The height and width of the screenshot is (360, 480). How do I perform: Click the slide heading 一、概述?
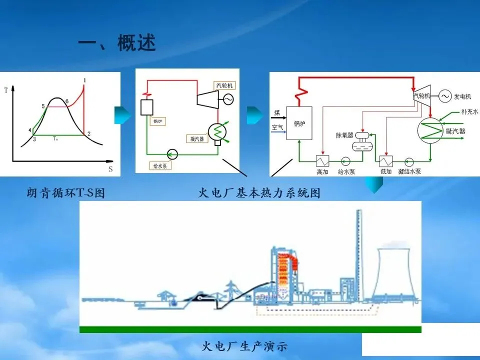[x=117, y=44]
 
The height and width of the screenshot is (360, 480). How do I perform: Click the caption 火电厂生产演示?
[x=245, y=346]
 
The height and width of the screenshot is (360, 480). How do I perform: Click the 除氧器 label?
[x=345, y=135]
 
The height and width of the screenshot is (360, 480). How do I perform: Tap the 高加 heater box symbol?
[x=321, y=161]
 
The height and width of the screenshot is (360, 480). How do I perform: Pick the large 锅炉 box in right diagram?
[x=299, y=122]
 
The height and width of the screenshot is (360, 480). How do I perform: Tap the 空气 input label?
[x=277, y=127]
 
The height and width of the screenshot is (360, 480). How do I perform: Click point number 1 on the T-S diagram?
[x=85, y=80]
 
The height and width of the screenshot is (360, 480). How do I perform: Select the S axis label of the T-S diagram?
[x=110, y=169]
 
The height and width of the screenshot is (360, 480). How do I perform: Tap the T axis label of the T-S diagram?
[x=5, y=90]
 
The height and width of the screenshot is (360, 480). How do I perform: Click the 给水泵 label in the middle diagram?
[x=160, y=164]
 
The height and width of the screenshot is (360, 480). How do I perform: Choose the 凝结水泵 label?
[x=409, y=171]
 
